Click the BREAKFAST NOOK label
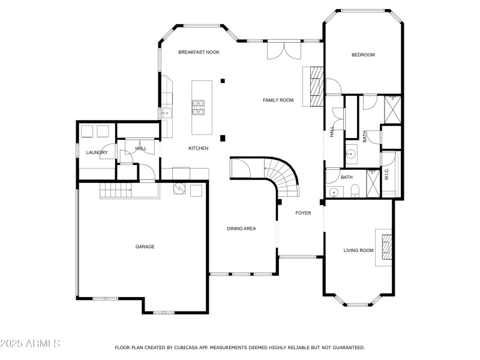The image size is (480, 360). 199,53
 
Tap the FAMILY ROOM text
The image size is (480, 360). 278,100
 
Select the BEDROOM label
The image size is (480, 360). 362,55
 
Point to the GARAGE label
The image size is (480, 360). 145,247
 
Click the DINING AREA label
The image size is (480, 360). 241,229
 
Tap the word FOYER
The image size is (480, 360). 302,213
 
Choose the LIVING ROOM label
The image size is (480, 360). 358,250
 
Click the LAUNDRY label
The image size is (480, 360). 97,152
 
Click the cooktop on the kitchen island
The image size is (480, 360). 199,107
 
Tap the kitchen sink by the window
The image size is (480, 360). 166,112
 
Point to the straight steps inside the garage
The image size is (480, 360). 116,191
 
